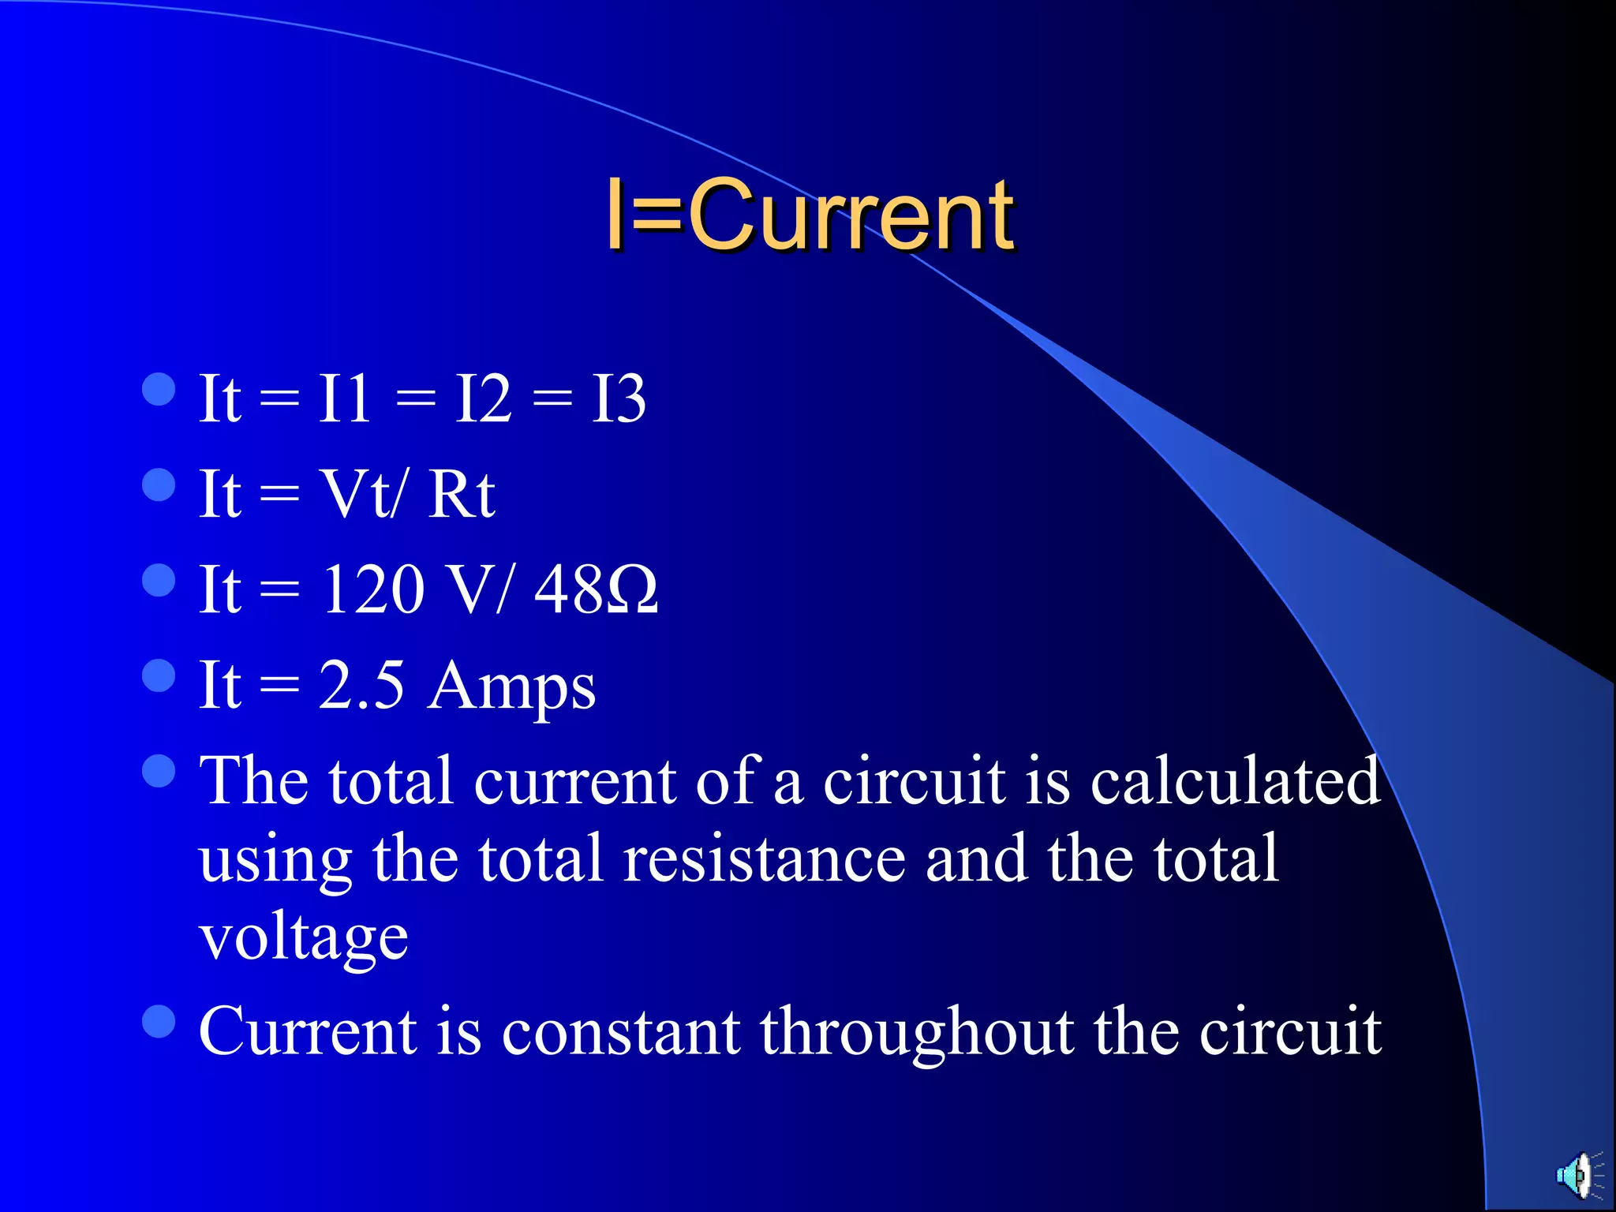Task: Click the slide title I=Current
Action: pyautogui.click(x=810, y=215)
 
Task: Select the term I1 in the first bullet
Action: pyautogui.click(x=344, y=398)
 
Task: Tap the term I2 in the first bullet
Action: pyautogui.click(x=483, y=398)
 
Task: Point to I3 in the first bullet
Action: pyautogui.click(x=619, y=398)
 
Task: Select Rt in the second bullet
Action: pyautogui.click(x=461, y=495)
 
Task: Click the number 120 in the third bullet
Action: pyautogui.click(x=372, y=589)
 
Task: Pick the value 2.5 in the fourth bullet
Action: pyautogui.click(x=361, y=685)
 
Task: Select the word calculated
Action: pyautogui.click(x=1235, y=781)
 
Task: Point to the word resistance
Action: pyautogui.click(x=764, y=858)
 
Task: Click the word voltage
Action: pyautogui.click(x=304, y=939)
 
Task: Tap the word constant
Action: pyautogui.click(x=621, y=1031)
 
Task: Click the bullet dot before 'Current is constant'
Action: pyautogui.click(x=159, y=1021)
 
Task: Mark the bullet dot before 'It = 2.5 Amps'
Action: pyautogui.click(x=159, y=675)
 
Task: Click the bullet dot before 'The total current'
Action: pyautogui.click(x=159, y=771)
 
